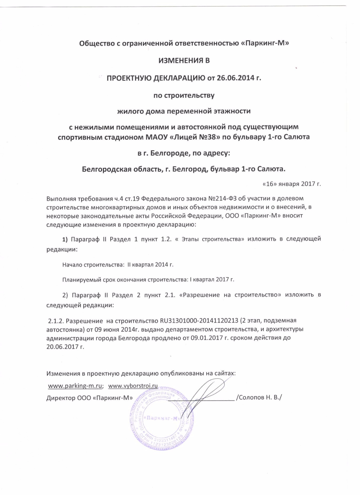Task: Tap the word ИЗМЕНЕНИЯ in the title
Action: click(x=178, y=61)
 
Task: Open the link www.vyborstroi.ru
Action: click(x=133, y=386)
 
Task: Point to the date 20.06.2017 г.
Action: click(x=65, y=347)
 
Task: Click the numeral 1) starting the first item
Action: click(x=65, y=239)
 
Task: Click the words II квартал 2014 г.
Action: click(x=150, y=265)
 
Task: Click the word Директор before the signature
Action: click(x=61, y=398)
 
